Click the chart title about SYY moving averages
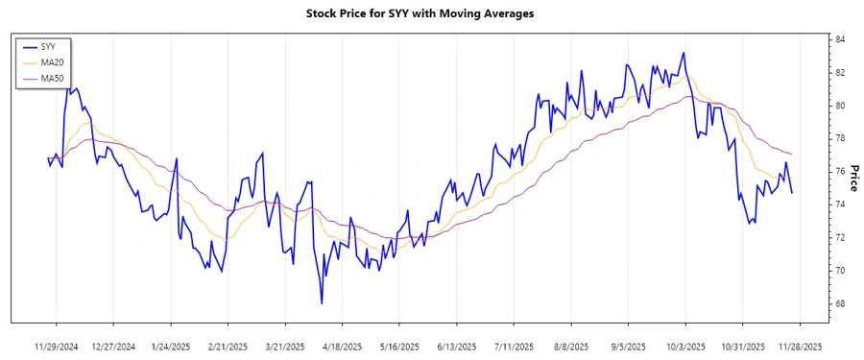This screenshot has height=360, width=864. (x=432, y=13)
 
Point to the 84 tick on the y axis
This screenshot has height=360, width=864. (x=839, y=39)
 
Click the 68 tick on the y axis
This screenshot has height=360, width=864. (x=839, y=303)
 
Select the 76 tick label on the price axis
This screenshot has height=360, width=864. (x=839, y=172)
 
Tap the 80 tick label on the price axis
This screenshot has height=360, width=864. (x=839, y=106)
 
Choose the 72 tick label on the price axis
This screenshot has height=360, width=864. (x=839, y=237)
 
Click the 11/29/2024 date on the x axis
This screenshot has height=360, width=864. (x=56, y=346)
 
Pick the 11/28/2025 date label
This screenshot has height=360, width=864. (x=800, y=346)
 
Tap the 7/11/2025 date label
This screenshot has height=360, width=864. (x=514, y=346)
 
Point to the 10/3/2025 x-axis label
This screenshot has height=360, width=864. (x=685, y=346)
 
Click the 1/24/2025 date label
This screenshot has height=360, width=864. (x=170, y=346)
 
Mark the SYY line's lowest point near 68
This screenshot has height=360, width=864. (x=322, y=303)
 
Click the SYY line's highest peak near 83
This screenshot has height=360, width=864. (x=684, y=53)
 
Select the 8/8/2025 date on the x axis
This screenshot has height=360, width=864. (x=571, y=346)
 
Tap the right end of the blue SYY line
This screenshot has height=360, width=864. (x=792, y=193)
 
